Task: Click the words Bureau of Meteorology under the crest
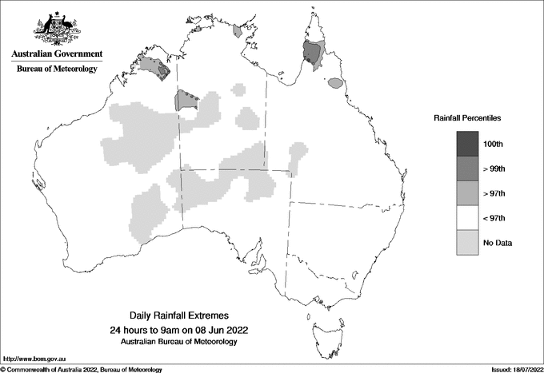pyautogui.click(x=56, y=69)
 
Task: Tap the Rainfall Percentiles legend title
pyautogui.click(x=467, y=118)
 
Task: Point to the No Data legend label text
pyautogui.click(x=498, y=243)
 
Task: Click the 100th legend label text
pyautogui.click(x=493, y=144)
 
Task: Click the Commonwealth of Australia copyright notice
pyautogui.click(x=84, y=369)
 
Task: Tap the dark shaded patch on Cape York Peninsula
pyautogui.click(x=313, y=54)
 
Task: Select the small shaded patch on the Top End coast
pyautogui.click(x=238, y=32)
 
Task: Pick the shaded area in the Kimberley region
pyautogui.click(x=155, y=67)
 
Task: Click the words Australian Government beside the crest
pyautogui.click(x=56, y=54)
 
